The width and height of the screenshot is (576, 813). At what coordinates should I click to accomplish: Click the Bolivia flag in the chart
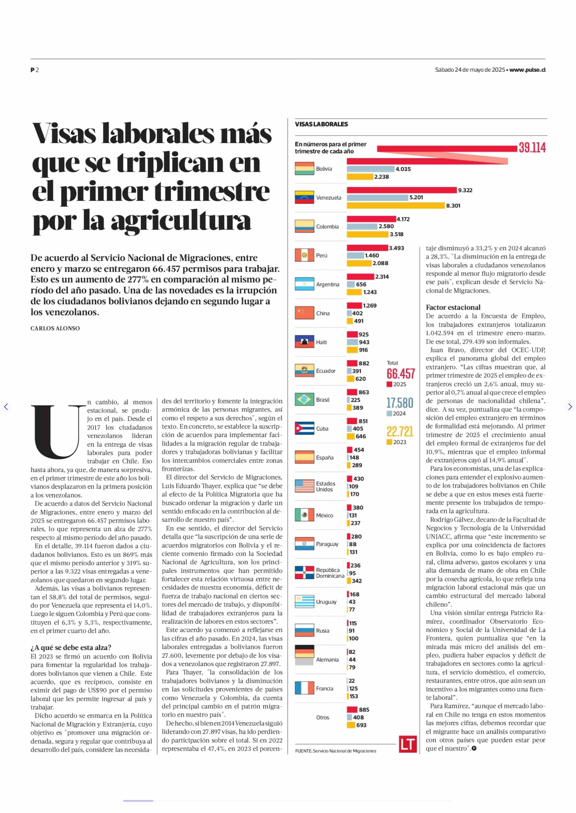pyautogui.click(x=304, y=169)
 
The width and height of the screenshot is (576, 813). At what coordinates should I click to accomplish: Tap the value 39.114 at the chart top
pyautogui.click(x=532, y=148)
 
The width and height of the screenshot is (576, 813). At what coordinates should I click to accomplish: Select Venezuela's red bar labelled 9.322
pyautogui.click(x=401, y=190)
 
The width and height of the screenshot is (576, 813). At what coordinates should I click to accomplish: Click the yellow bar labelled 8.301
pyautogui.click(x=396, y=205)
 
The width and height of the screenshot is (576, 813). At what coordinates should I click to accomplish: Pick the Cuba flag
pyautogui.click(x=304, y=428)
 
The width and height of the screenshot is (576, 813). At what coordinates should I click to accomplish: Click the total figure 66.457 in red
pyautogui.click(x=400, y=374)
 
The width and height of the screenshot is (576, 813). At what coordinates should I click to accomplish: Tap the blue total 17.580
pyautogui.click(x=400, y=403)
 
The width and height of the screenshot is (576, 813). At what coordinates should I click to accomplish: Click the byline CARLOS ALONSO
pyautogui.click(x=55, y=328)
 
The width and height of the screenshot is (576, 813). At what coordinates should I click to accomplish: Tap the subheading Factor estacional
pyautogui.click(x=453, y=307)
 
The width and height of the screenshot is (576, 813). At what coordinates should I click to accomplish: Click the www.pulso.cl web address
pyautogui.click(x=527, y=70)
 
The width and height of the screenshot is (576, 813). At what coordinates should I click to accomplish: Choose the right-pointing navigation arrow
pyautogui.click(x=570, y=407)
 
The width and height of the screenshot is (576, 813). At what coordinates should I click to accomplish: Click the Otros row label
pyautogui.click(x=322, y=717)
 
